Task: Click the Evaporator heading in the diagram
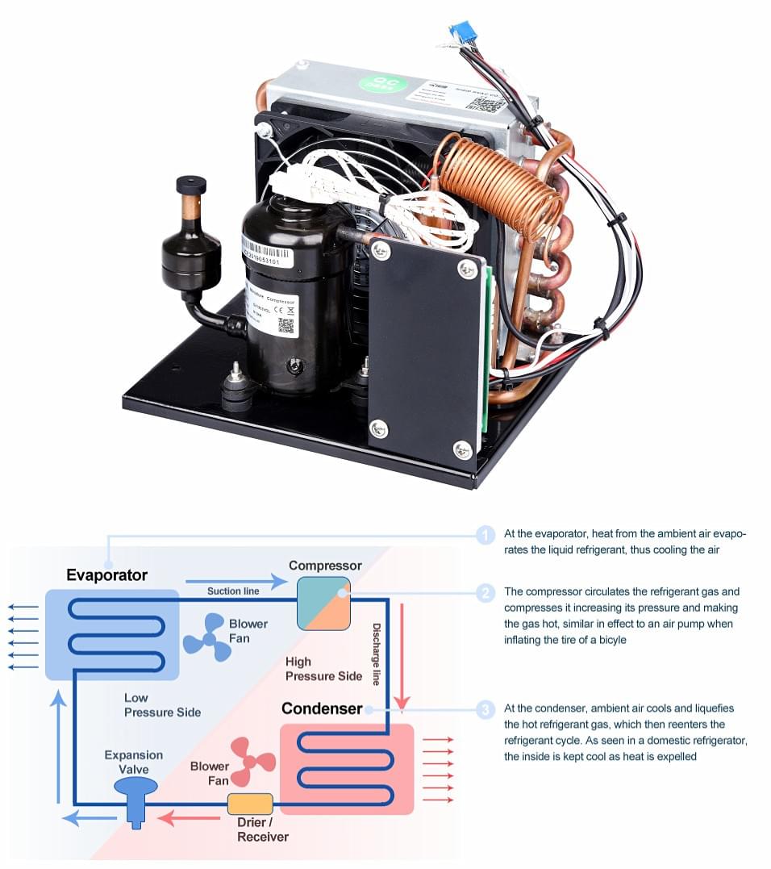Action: point(107,575)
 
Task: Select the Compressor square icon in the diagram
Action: point(323,603)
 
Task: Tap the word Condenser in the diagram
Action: point(321,708)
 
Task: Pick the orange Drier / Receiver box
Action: point(250,804)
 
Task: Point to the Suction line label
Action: point(233,591)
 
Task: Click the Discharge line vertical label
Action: point(376,654)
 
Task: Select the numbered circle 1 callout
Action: point(485,535)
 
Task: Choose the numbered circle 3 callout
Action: point(485,710)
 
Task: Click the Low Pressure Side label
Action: point(162,704)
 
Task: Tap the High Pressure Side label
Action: point(323,669)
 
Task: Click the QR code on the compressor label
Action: point(285,325)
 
